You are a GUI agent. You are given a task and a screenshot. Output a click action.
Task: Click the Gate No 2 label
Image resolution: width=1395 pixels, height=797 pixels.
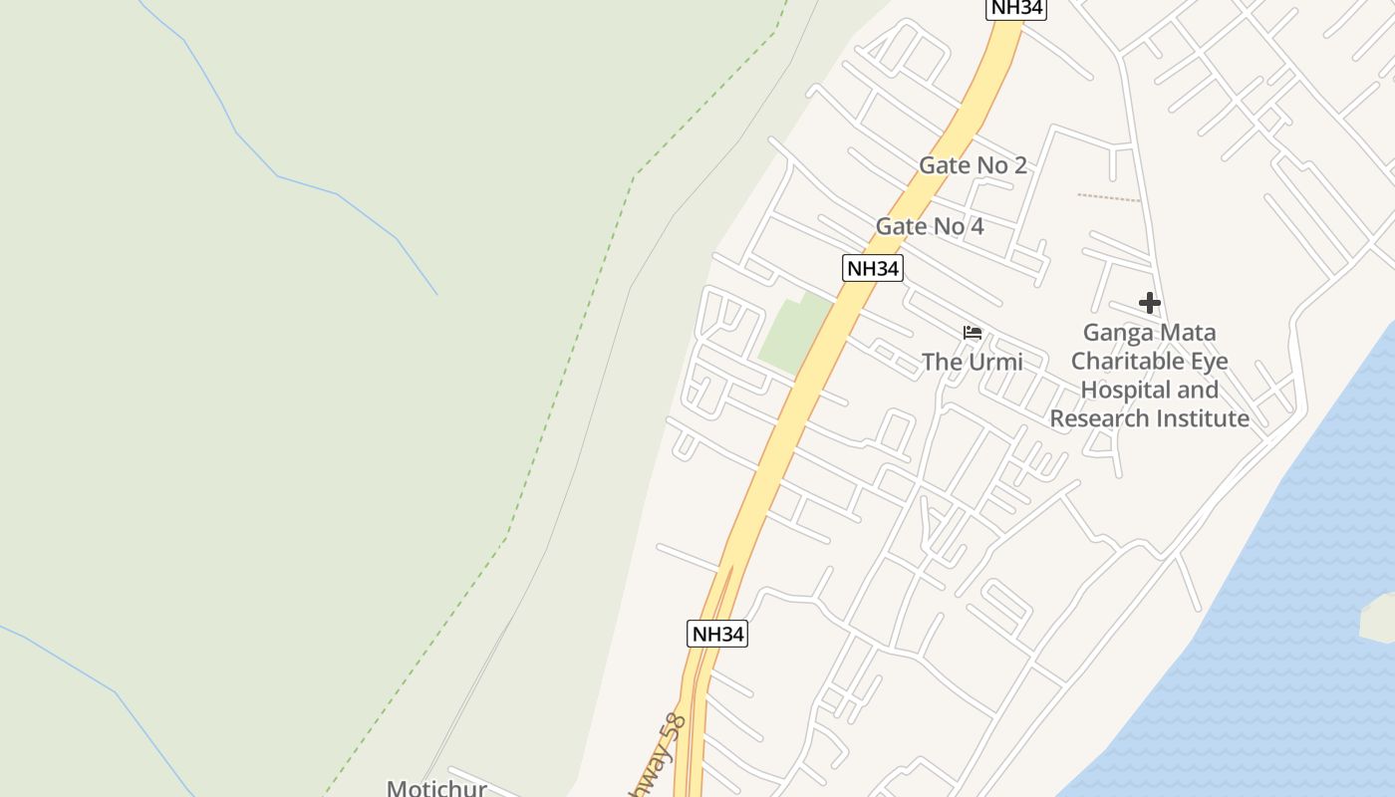(x=972, y=165)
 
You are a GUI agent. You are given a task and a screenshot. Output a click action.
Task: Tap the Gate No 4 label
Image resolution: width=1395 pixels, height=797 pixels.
(x=929, y=227)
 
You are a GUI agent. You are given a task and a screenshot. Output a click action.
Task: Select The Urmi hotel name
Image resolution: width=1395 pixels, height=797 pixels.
(x=972, y=362)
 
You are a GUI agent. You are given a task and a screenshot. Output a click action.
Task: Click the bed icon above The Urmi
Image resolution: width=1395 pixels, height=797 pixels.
(x=973, y=332)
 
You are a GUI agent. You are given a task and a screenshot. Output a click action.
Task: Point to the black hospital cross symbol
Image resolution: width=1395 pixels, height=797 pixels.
(x=1150, y=302)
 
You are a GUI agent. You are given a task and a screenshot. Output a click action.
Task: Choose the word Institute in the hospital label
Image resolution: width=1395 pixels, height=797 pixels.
(x=1204, y=418)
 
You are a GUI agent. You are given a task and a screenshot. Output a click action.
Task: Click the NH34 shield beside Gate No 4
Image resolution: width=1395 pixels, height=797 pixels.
(x=872, y=268)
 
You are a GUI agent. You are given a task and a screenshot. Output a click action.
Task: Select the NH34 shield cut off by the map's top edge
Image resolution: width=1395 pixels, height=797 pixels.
(x=1015, y=8)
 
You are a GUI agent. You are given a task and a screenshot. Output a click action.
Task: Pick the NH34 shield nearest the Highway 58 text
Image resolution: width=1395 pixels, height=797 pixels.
(x=717, y=634)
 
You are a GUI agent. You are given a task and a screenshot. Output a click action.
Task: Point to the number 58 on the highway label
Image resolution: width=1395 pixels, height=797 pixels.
(x=675, y=727)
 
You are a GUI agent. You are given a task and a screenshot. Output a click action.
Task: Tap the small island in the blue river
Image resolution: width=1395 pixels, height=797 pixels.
(x=1378, y=618)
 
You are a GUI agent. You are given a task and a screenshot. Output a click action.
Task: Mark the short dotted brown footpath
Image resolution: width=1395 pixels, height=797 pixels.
(x=1108, y=197)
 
